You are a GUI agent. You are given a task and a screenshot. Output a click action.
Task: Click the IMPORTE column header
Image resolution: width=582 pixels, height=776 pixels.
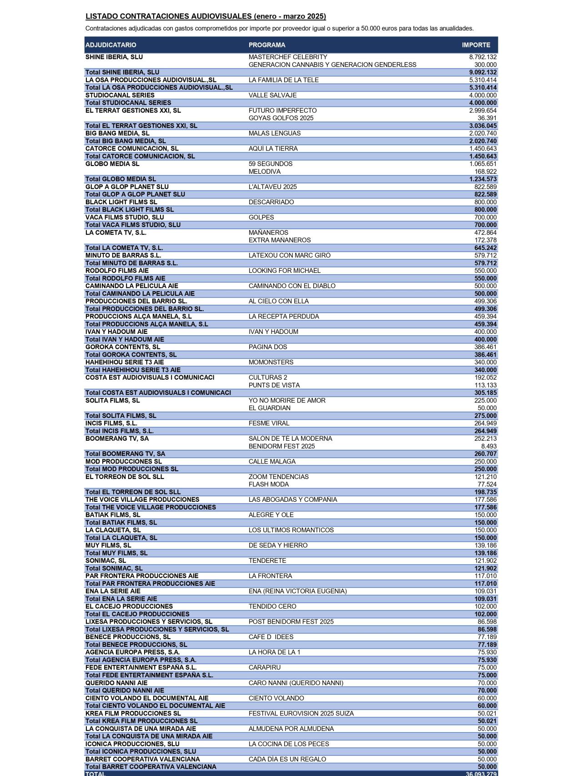coord(476,45)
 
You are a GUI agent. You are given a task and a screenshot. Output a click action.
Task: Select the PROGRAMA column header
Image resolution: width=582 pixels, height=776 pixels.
coord(267,45)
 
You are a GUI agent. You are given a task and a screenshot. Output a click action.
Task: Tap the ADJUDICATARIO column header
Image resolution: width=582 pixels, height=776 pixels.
coord(111,45)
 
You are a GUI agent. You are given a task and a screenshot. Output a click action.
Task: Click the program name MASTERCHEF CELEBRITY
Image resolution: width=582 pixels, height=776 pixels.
coord(288,57)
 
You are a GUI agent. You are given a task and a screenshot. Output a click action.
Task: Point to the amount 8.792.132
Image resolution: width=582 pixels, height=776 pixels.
coord(483,57)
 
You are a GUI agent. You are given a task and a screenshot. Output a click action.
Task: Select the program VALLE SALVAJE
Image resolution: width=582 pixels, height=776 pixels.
coord(272,95)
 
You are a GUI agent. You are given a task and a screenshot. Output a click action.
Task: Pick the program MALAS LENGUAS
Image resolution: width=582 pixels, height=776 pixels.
coord(275,133)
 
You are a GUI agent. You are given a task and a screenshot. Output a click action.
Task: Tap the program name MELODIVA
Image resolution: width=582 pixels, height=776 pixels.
coord(265,171)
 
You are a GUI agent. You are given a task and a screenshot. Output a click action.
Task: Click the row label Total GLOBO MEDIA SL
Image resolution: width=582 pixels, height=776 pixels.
coord(120,179)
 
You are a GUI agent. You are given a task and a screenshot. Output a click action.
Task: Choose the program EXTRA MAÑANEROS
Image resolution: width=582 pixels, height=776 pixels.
coord(280,240)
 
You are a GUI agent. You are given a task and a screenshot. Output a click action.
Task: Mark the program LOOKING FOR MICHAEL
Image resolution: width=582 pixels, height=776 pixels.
coord(285,271)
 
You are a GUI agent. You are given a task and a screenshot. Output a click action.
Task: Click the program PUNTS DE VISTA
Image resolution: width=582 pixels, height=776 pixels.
coord(274,385)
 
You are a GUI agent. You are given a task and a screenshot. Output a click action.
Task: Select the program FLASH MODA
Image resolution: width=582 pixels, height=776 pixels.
coord(269,484)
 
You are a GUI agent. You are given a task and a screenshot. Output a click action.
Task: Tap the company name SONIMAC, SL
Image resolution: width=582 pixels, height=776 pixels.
coord(105,561)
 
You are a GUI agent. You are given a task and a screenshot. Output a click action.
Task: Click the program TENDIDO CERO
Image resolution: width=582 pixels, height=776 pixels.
coord(272,606)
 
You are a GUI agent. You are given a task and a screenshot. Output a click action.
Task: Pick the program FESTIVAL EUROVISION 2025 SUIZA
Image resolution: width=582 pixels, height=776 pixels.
coord(301,713)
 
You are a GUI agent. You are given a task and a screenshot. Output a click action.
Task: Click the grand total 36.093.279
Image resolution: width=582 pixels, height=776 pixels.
coord(481,774)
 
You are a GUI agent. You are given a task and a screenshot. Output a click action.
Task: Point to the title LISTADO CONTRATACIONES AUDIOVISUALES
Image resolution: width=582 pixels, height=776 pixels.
coord(168,16)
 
